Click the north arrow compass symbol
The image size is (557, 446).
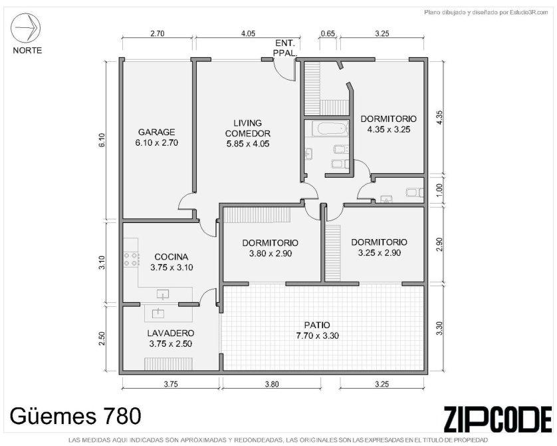(x=25, y=27)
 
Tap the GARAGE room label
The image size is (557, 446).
(x=157, y=132)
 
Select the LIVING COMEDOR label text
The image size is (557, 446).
(x=248, y=128)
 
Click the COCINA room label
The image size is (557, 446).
(x=171, y=257)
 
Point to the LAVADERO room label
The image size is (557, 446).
(x=171, y=334)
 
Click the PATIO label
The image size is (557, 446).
(x=317, y=325)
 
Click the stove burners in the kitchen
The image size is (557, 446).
(x=130, y=259)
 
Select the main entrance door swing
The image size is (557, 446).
(x=284, y=70)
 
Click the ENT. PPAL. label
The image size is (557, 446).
(x=285, y=48)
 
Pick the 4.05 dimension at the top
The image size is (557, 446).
(x=248, y=33)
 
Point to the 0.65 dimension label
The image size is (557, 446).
(x=328, y=33)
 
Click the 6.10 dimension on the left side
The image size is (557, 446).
(x=102, y=140)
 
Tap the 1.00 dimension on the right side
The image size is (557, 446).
(x=439, y=190)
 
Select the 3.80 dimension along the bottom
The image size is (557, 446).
(x=272, y=384)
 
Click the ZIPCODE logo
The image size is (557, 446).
(x=498, y=419)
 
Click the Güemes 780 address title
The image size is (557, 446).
(x=75, y=416)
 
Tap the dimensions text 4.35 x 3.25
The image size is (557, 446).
(x=389, y=129)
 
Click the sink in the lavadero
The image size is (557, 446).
(x=158, y=314)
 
